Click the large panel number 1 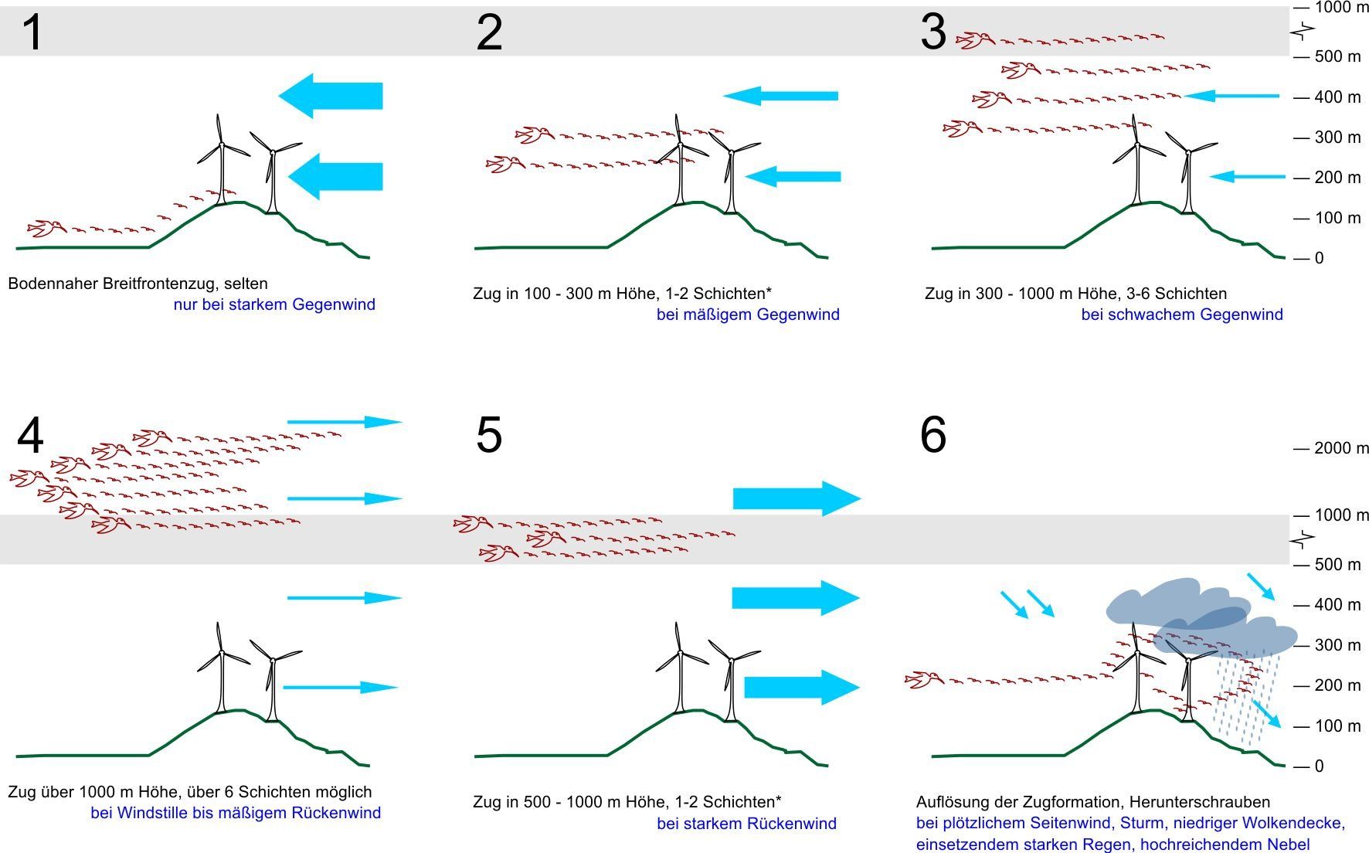(x=32, y=33)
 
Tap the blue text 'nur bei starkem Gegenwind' (x=274, y=304)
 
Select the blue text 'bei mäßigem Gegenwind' (x=748, y=314)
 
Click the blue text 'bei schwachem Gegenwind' (x=1182, y=314)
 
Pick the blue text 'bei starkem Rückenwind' (x=747, y=824)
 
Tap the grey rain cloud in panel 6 (x=1201, y=618)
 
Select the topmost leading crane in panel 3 (x=976, y=39)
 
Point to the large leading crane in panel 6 (x=924, y=680)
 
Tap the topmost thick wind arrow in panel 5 (x=797, y=498)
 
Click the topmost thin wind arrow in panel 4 (x=345, y=422)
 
